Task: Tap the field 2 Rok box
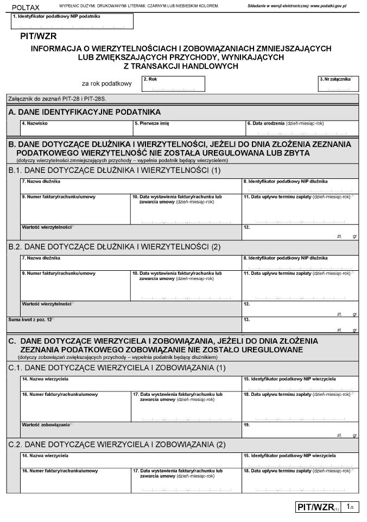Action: pos(173,84)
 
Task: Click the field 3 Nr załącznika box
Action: pos(338,84)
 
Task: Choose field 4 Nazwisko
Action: pos(76,128)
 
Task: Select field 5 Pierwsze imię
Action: pos(189,128)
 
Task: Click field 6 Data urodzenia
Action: pos(301,128)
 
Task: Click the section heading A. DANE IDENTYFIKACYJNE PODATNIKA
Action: pos(85,112)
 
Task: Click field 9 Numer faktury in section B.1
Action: pos(75,208)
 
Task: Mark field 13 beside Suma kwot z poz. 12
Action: pos(300,325)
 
